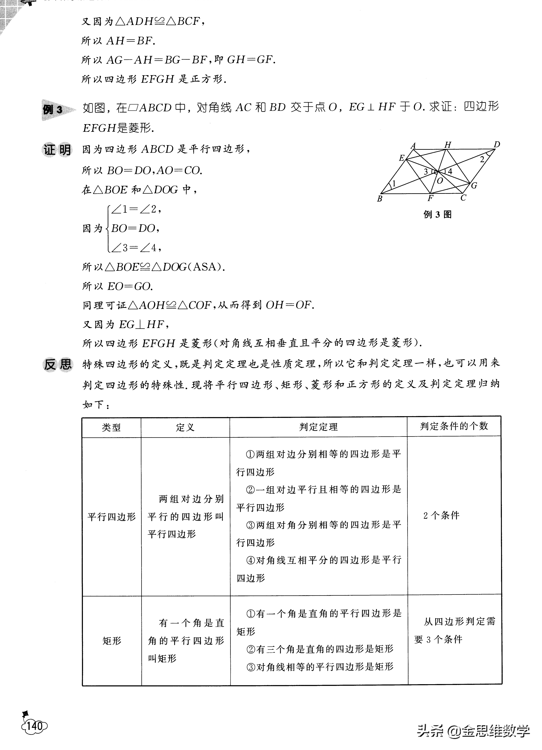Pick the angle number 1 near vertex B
pyautogui.click(x=394, y=183)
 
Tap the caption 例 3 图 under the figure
pyautogui.click(x=437, y=215)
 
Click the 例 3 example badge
pyautogui.click(x=53, y=109)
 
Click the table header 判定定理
pyautogui.click(x=318, y=427)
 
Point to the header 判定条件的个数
pyautogui.click(x=454, y=426)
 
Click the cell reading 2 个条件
pyautogui.click(x=441, y=515)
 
